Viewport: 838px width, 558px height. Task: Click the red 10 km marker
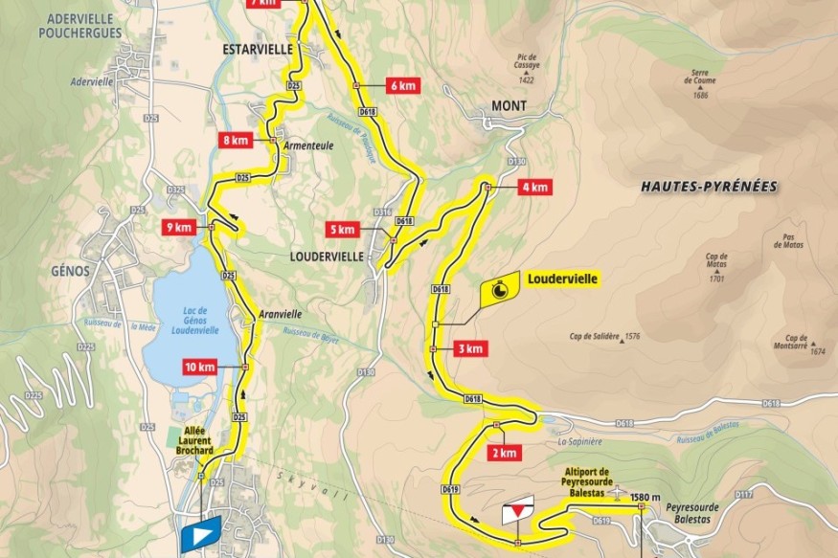click(x=201, y=368)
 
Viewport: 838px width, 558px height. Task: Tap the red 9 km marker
click(x=179, y=228)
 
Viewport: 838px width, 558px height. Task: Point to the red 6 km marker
click(x=402, y=85)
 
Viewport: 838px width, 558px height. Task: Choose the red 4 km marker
click(x=533, y=188)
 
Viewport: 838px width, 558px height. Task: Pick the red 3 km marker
click(x=470, y=347)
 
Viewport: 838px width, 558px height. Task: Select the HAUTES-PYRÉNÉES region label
click(x=709, y=187)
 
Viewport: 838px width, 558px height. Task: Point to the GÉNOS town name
click(x=65, y=270)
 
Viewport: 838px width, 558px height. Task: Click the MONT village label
click(x=509, y=105)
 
